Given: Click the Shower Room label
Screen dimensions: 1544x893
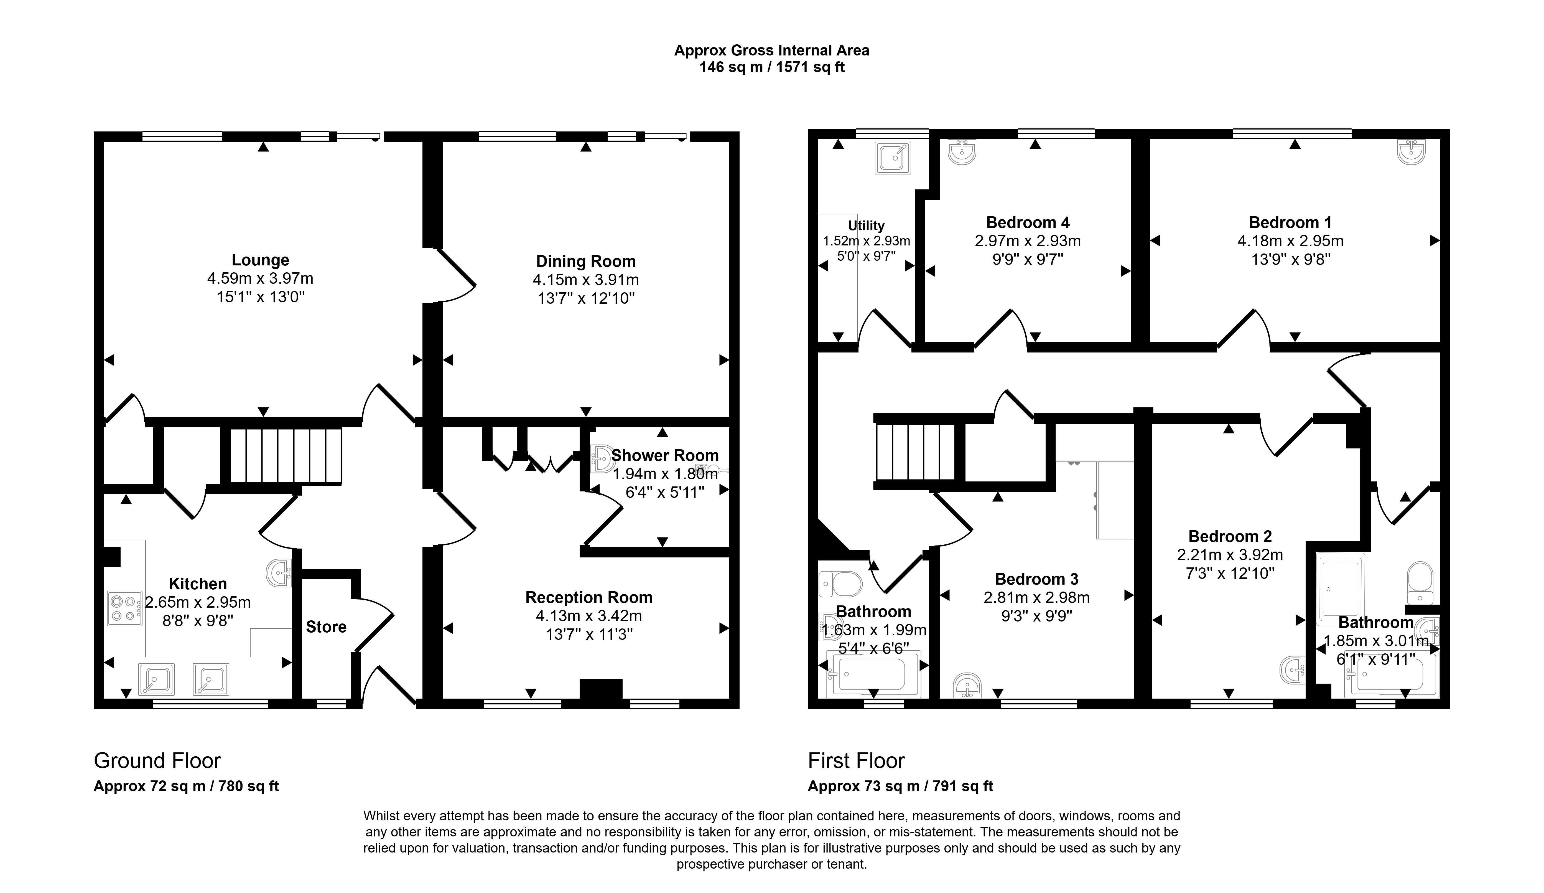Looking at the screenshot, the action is click(x=665, y=455).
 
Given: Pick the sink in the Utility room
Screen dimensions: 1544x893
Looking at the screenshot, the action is click(x=893, y=158).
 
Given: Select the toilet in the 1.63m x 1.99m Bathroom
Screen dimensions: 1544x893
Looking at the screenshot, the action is click(x=841, y=584).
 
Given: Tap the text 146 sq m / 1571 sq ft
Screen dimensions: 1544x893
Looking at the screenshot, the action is click(x=772, y=67).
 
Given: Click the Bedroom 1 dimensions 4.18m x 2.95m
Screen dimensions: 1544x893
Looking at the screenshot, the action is click(x=1290, y=241).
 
